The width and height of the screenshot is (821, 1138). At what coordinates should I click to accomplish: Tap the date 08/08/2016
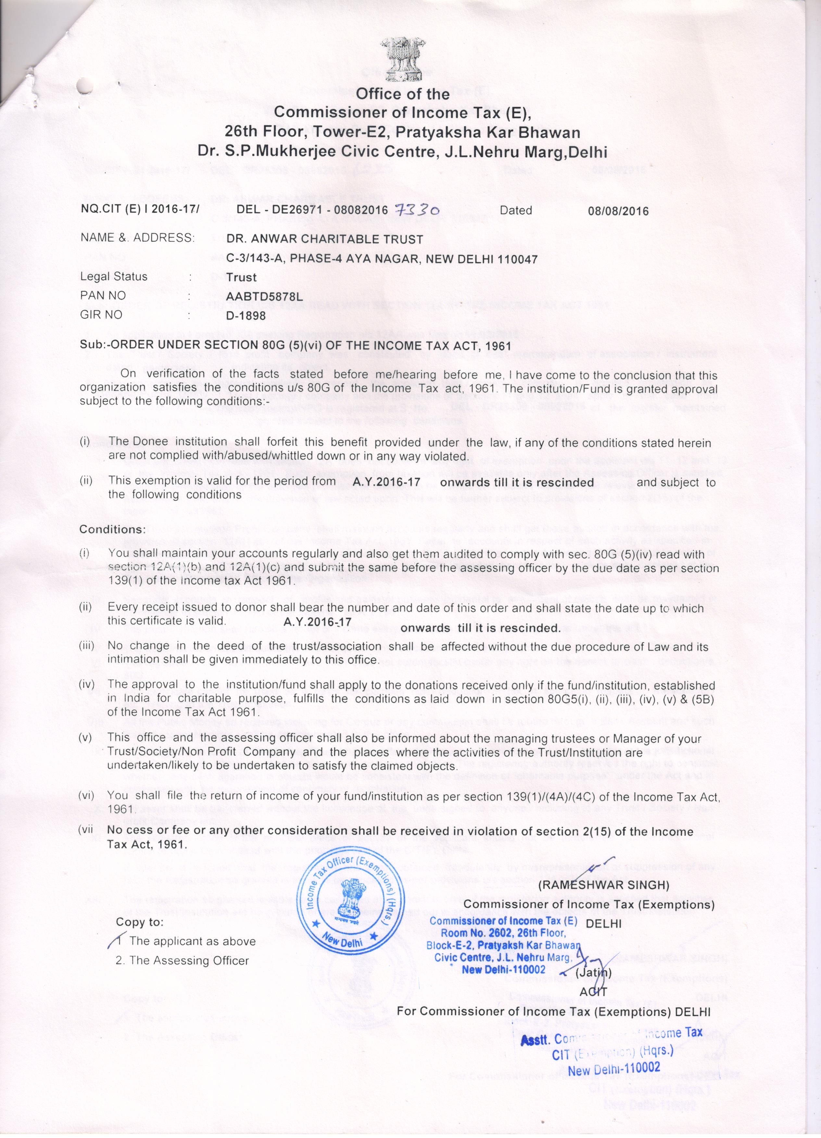click(618, 211)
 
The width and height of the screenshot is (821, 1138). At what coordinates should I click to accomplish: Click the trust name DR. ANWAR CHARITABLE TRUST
click(324, 239)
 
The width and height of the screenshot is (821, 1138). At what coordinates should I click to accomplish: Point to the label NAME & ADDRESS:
click(137, 238)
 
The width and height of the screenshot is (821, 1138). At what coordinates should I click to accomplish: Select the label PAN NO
click(103, 296)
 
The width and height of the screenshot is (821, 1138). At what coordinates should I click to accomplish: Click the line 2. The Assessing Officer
click(182, 961)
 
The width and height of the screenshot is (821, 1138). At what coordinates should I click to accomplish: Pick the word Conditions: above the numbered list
click(112, 529)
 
